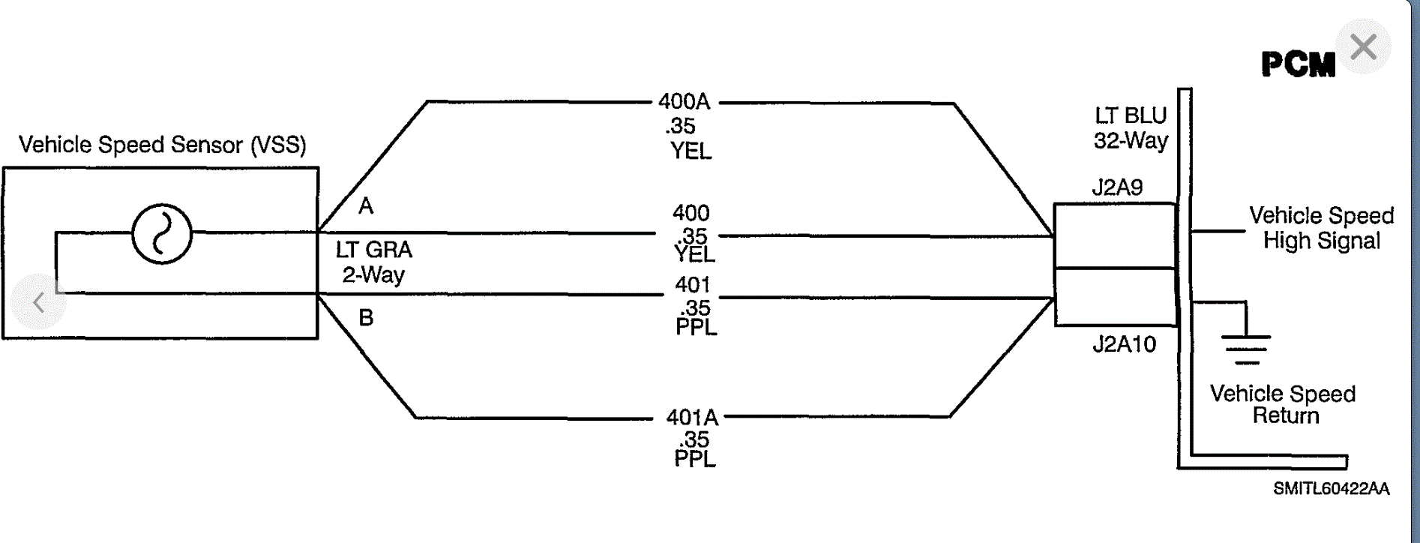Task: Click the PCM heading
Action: click(1298, 64)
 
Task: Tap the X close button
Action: click(1364, 47)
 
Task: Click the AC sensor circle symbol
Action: click(162, 234)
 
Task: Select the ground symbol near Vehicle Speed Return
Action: click(1246, 346)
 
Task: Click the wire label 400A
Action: click(684, 102)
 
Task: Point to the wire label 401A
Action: click(692, 417)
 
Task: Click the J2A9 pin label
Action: click(1117, 187)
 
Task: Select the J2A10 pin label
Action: click(1124, 344)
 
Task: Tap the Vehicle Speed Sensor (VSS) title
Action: click(163, 145)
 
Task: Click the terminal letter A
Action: click(366, 206)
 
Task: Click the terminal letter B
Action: click(366, 318)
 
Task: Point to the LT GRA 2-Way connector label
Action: click(373, 262)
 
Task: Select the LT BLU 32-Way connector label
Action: click(1131, 128)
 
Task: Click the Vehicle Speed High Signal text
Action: click(1321, 228)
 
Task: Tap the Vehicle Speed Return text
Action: click(1283, 404)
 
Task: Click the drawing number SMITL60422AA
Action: click(1331, 489)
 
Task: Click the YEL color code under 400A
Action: click(691, 151)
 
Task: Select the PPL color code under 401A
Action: click(695, 459)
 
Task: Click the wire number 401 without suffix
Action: click(692, 285)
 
